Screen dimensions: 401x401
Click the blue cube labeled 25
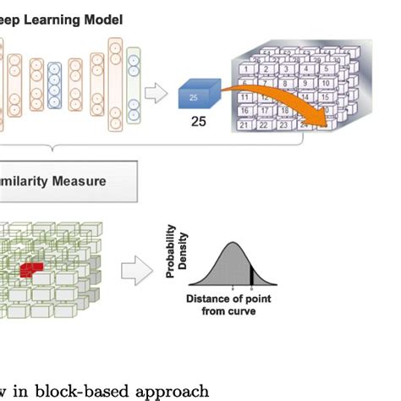click(x=197, y=94)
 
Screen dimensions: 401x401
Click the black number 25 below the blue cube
click(x=198, y=123)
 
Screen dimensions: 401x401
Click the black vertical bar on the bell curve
click(x=251, y=277)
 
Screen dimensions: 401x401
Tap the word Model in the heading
click(x=102, y=19)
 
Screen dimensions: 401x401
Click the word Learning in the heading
click(x=52, y=19)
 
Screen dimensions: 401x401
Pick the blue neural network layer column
click(x=55, y=86)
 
